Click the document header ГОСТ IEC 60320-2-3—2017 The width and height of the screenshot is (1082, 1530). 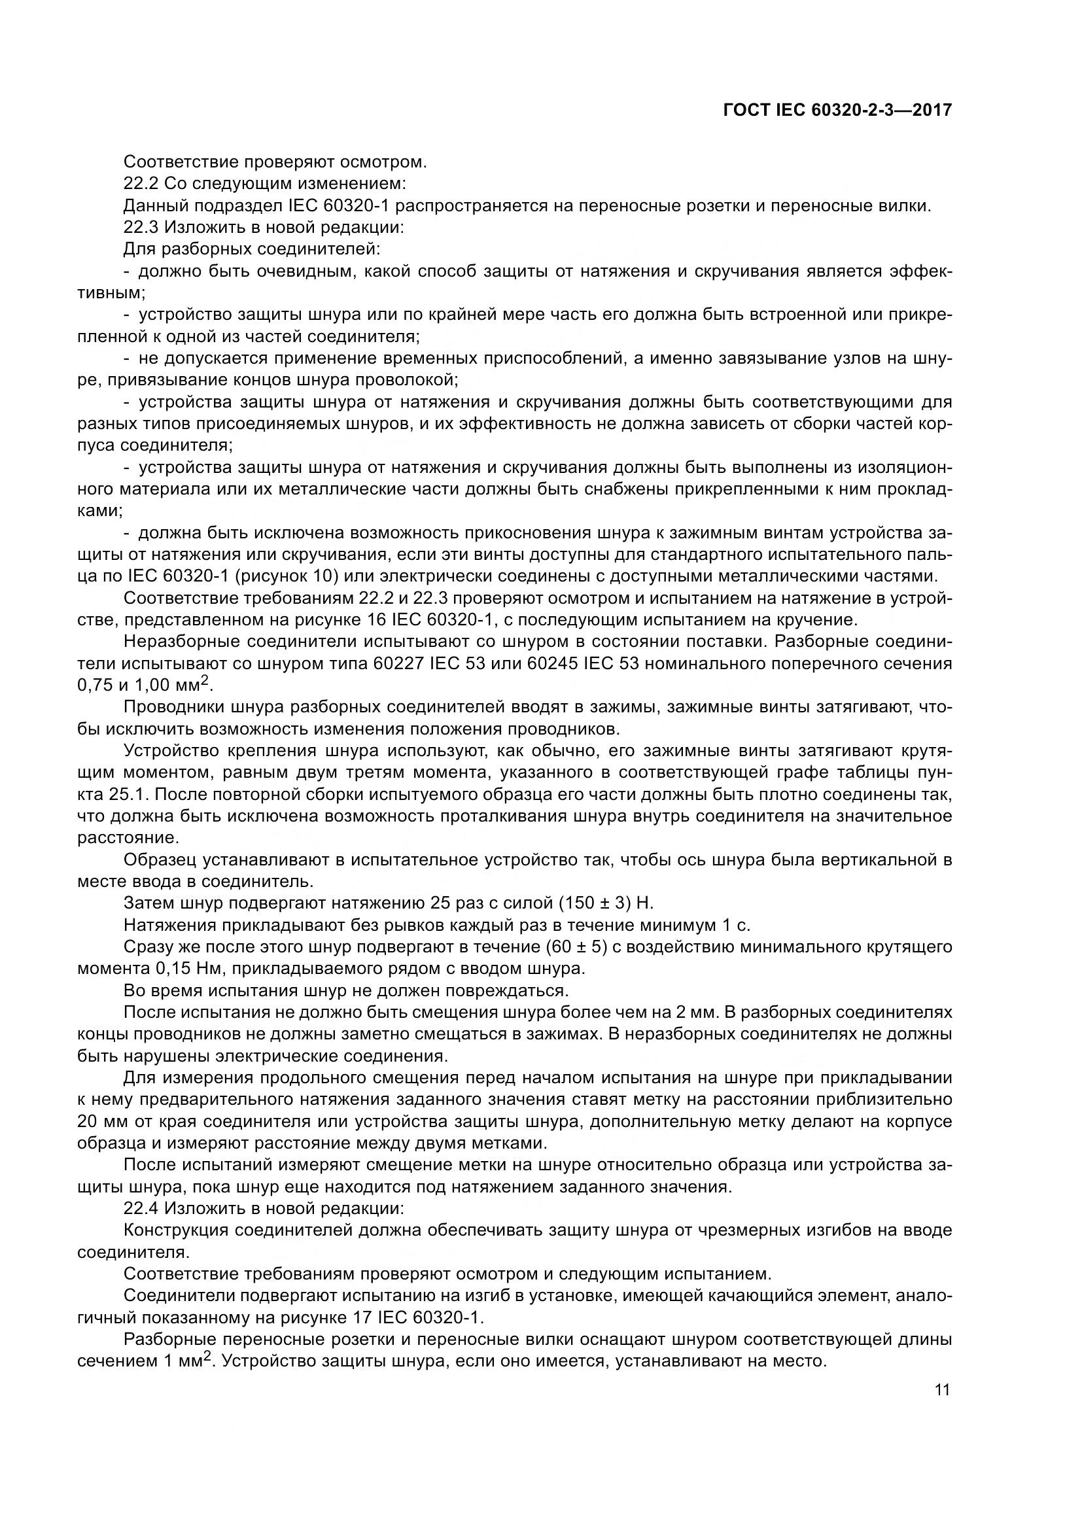(x=837, y=111)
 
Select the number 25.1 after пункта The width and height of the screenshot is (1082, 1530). (x=122, y=794)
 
